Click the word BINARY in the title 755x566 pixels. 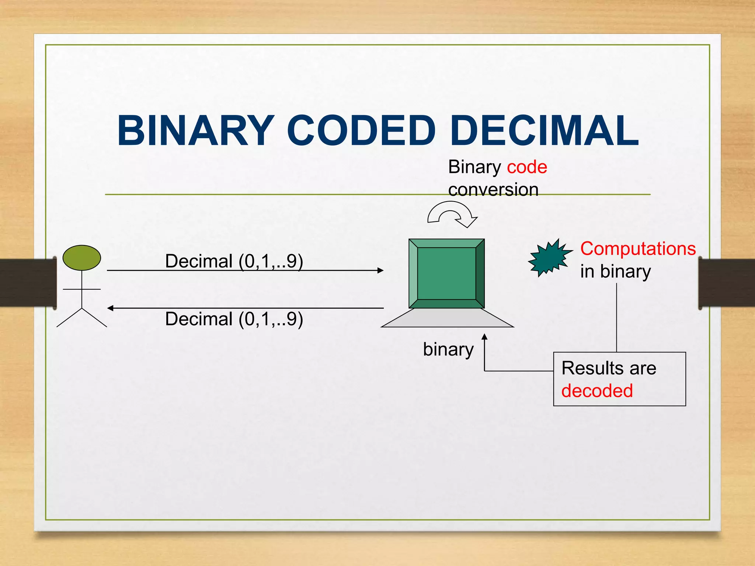click(x=196, y=131)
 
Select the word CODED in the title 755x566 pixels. click(x=361, y=131)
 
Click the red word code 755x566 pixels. click(x=527, y=167)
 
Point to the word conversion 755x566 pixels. click(x=493, y=190)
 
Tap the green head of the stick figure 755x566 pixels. click(x=81, y=258)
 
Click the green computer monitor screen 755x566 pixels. click(x=446, y=273)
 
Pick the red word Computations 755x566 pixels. click(x=638, y=249)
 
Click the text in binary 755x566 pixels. click(x=615, y=272)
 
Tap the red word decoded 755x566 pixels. click(x=597, y=391)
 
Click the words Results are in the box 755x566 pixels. click(x=609, y=368)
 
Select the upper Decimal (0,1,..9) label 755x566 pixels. click(x=234, y=261)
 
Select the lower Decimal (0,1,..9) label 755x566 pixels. click(x=234, y=319)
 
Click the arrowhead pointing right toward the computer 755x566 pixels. click(x=380, y=270)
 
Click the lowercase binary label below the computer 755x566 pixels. click(x=448, y=349)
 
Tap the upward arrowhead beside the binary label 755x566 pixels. click(x=484, y=336)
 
